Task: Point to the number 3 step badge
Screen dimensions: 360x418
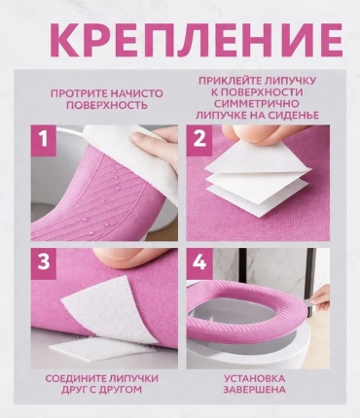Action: coord(43,262)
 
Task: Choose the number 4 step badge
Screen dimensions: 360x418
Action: coord(198,262)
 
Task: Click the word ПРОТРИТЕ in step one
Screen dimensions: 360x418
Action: coord(79,93)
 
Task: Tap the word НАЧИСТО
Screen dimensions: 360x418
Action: coord(137,93)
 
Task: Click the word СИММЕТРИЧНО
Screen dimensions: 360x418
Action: coord(257,103)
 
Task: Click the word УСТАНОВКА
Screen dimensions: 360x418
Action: coord(255,378)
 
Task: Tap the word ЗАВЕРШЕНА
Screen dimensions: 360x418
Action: coord(255,389)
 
